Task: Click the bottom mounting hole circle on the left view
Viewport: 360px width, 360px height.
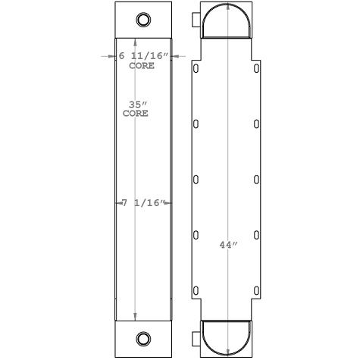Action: click(143, 337)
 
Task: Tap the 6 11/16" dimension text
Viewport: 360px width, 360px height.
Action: click(143, 56)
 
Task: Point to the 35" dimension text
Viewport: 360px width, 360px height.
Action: click(136, 104)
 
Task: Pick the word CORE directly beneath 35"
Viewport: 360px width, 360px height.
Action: click(136, 114)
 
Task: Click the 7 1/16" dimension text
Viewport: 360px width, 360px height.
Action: click(143, 203)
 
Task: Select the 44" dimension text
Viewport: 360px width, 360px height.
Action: click(227, 245)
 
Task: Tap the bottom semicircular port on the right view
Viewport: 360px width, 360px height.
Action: click(227, 335)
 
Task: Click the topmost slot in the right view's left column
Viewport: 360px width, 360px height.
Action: click(196, 69)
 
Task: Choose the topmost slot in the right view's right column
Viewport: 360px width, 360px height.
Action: click(258, 69)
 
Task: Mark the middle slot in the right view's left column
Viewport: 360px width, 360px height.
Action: click(196, 180)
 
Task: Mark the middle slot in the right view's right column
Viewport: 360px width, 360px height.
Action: click(258, 180)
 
